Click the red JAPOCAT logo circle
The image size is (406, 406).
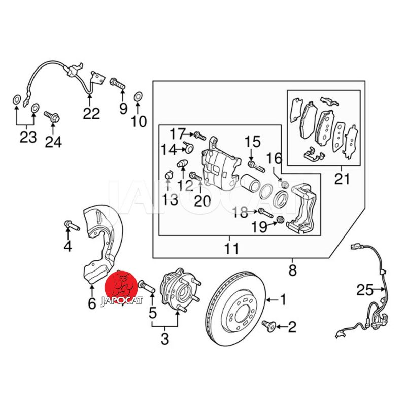(121, 288)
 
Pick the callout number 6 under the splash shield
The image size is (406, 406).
(91, 303)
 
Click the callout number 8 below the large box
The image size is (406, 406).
(292, 270)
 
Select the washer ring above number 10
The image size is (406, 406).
(138, 96)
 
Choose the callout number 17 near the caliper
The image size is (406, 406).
(178, 134)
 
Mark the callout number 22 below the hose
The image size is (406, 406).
(91, 113)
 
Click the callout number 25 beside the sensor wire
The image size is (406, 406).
(364, 290)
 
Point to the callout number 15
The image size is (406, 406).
(252, 142)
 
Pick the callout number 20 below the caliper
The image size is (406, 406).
(201, 200)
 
